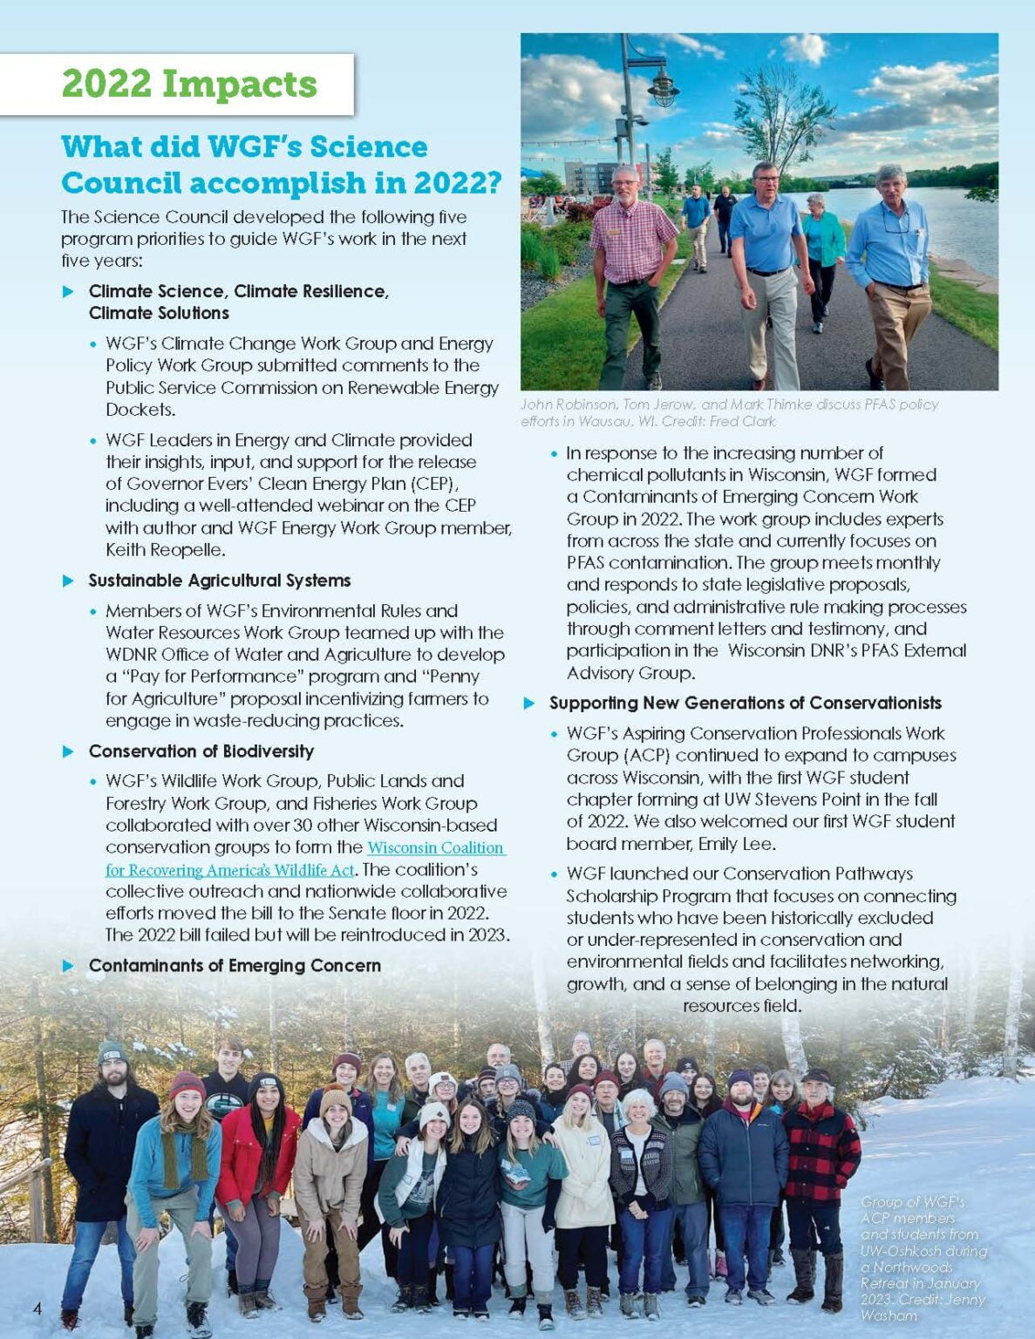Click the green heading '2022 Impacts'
pyautogui.click(x=189, y=85)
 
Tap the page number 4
pyautogui.click(x=37, y=1308)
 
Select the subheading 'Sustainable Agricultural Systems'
pyautogui.click(x=220, y=581)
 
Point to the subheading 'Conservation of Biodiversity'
pyautogui.click(x=201, y=751)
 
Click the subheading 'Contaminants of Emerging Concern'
pyautogui.click(x=235, y=966)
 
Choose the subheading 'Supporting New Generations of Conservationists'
pyautogui.click(x=745, y=703)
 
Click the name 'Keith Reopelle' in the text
pyautogui.click(x=166, y=550)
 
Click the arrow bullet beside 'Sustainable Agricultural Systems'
pyautogui.click(x=69, y=581)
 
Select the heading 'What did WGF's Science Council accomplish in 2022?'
pyautogui.click(x=281, y=165)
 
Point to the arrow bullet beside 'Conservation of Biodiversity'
pyautogui.click(x=69, y=751)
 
